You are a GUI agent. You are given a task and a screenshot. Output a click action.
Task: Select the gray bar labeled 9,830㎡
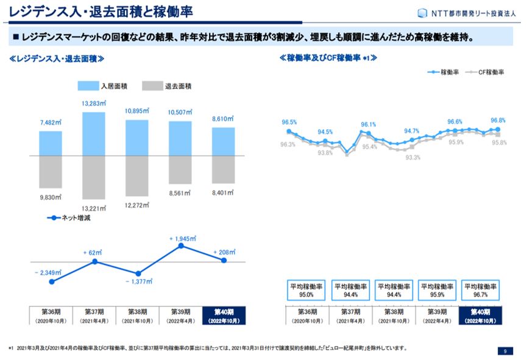coord(51,172)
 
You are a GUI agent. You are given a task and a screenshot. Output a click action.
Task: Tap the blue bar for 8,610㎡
coord(224,141)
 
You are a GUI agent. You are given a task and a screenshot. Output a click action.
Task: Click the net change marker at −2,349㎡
coord(52,281)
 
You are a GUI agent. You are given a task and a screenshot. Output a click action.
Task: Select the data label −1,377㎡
coord(138,282)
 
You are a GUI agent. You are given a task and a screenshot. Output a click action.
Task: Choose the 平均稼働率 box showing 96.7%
coord(481,291)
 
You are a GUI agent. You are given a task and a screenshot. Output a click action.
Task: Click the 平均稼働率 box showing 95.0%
coord(306,291)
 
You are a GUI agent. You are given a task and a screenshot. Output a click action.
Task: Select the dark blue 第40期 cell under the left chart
coord(224,315)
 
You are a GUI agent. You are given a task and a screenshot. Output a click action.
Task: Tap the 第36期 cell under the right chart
coord(306,315)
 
